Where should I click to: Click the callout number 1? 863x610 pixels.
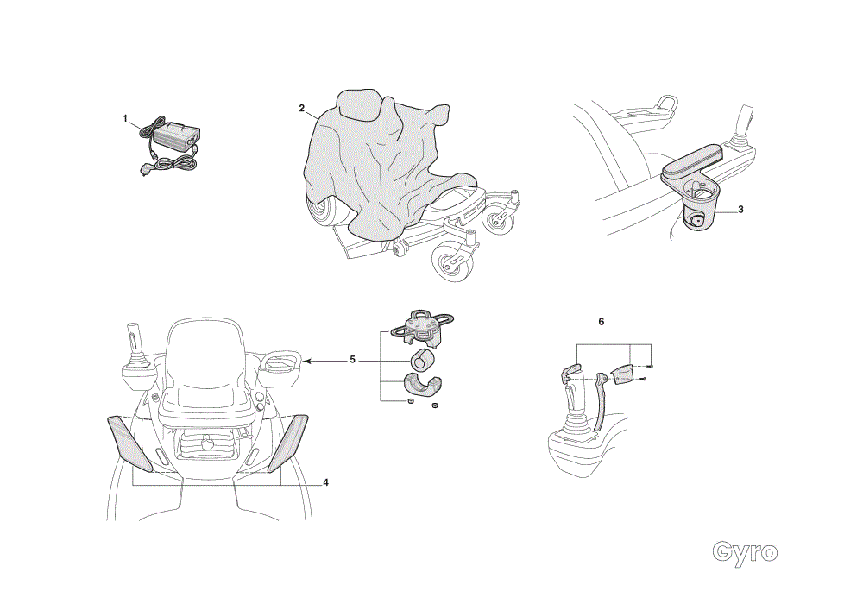[x=125, y=118]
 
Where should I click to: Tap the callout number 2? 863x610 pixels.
[x=301, y=108]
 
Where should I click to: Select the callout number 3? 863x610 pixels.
[x=740, y=209]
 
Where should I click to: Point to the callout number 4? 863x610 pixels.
[x=326, y=482]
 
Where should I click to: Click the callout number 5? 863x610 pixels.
[x=353, y=360]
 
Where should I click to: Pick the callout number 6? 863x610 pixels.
[x=602, y=321]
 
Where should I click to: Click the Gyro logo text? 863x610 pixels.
[x=745, y=551]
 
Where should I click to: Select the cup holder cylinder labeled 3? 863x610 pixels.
[x=700, y=211]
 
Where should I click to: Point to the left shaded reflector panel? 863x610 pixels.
[x=130, y=443]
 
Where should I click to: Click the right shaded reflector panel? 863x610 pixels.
[x=288, y=443]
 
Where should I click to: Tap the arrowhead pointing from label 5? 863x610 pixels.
[x=306, y=361]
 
